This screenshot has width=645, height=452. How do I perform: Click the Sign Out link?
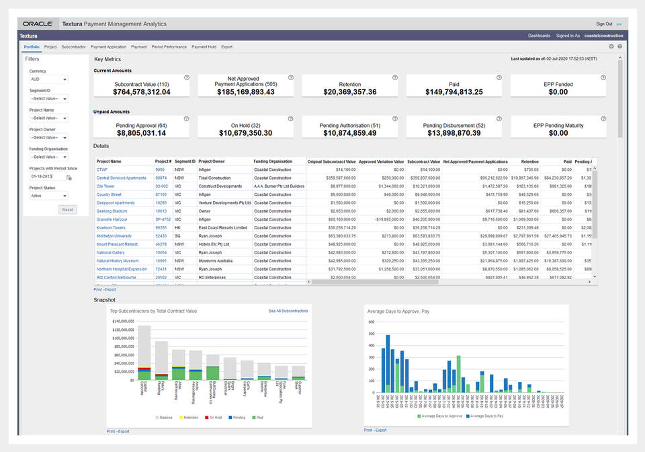point(604,24)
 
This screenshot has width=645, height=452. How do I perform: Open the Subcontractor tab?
point(73,47)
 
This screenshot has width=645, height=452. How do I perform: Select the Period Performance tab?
point(169,47)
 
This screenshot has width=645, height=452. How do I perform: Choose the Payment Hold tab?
point(204,47)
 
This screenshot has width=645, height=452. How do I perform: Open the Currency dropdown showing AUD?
point(48,79)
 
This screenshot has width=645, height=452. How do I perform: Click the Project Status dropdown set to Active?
point(48,196)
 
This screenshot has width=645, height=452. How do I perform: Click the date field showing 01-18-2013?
point(46,176)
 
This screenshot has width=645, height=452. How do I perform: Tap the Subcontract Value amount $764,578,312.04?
point(141,92)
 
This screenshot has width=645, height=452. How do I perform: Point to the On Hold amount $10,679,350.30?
point(246,133)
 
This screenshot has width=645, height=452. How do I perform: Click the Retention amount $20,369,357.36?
point(349,92)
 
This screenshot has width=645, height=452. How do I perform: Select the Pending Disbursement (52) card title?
point(454,125)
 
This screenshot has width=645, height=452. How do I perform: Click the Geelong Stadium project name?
point(111,211)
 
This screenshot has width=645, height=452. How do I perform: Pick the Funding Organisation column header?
point(273,161)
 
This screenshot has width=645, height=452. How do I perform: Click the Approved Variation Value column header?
point(381,161)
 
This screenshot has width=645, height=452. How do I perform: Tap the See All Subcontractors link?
point(288,311)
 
